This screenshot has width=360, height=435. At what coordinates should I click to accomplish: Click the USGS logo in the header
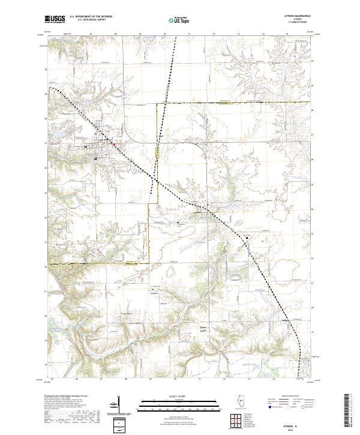tap(55, 19)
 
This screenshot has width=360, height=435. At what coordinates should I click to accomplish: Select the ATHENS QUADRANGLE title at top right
tap(298, 17)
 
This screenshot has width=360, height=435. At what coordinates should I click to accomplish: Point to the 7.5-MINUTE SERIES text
tap(298, 23)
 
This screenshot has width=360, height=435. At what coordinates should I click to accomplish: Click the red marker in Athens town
tap(114, 143)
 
